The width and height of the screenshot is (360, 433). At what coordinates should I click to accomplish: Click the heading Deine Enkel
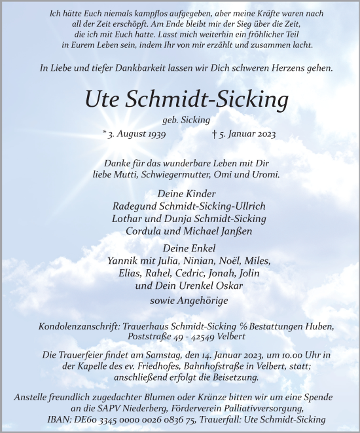180,248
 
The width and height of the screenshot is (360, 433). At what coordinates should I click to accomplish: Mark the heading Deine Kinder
180,193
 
